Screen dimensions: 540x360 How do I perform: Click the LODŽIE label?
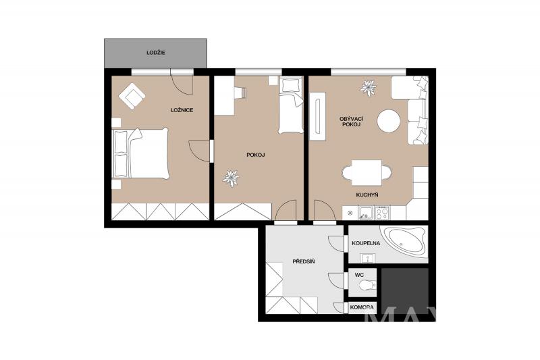156,53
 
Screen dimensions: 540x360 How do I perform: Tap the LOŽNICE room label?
182,110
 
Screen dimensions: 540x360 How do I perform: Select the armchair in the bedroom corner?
132,96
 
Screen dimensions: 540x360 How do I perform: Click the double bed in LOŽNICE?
140,153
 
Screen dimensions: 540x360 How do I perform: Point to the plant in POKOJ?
230,178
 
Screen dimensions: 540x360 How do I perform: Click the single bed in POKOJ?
291,105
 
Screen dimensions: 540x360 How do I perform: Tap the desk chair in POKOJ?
240,93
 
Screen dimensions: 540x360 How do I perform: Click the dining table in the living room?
367,173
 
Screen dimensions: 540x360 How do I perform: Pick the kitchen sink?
365,213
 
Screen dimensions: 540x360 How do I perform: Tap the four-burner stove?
381,213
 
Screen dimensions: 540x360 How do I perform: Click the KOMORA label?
361,307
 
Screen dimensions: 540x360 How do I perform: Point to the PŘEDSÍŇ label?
303,262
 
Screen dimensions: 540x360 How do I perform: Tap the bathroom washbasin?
368,258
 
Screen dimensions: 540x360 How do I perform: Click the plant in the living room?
368,88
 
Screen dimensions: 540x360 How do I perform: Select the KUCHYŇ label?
367,195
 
